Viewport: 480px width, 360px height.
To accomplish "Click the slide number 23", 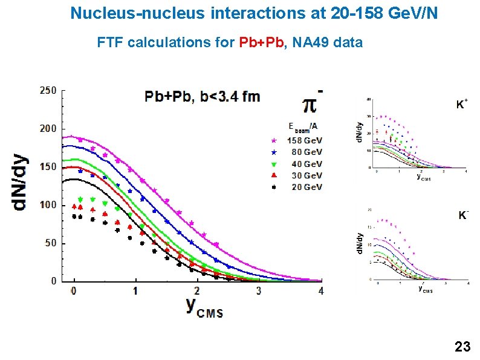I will pyautogui.click(x=462, y=347).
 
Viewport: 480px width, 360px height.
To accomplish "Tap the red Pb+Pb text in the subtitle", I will pyautogui.click(x=262, y=43).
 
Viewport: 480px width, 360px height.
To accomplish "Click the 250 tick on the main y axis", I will pyautogui.click(x=48, y=91).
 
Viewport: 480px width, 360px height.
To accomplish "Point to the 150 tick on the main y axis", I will pyautogui.click(x=48, y=167).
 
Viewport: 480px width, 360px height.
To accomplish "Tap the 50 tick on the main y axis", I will pyautogui.click(x=50, y=243).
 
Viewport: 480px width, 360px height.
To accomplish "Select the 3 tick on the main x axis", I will pyautogui.click(x=259, y=291).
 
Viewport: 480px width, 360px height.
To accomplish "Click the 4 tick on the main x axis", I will pyautogui.click(x=321, y=291).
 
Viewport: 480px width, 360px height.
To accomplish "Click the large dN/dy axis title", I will pyautogui.click(x=20, y=182).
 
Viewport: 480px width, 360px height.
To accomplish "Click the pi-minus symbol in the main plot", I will pyautogui.click(x=310, y=103).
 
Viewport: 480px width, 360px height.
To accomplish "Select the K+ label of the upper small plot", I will pyautogui.click(x=461, y=105).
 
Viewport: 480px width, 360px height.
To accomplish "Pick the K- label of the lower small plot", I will pyautogui.click(x=463, y=215).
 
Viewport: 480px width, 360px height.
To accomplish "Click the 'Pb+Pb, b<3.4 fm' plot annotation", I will pyautogui.click(x=202, y=97).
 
